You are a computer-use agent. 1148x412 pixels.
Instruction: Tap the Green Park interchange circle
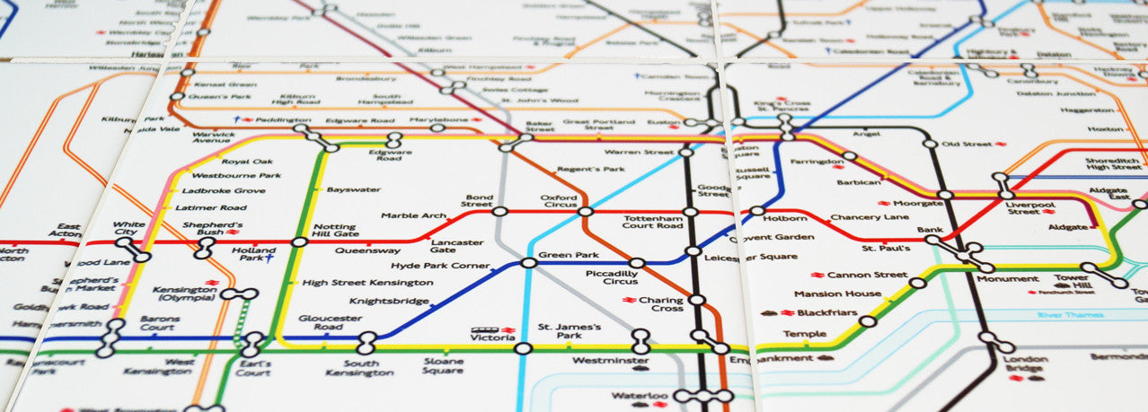pyautogui.click(x=528, y=262)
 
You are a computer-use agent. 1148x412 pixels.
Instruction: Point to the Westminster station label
pyautogui.click(x=610, y=361)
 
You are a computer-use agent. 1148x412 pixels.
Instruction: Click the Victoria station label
pyautogui.click(x=493, y=338)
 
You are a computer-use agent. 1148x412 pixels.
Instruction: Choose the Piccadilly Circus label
pyautogui.click(x=611, y=277)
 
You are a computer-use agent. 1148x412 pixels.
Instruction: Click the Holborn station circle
pyautogui.click(x=757, y=212)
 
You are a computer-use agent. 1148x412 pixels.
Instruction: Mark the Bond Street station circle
pyautogui.click(x=500, y=212)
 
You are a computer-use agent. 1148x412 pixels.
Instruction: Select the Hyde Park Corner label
pyautogui.click(x=440, y=266)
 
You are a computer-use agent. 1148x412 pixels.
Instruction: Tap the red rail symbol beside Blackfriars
pyautogui.click(x=788, y=313)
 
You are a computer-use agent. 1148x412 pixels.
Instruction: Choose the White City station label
pyautogui.click(x=129, y=227)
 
